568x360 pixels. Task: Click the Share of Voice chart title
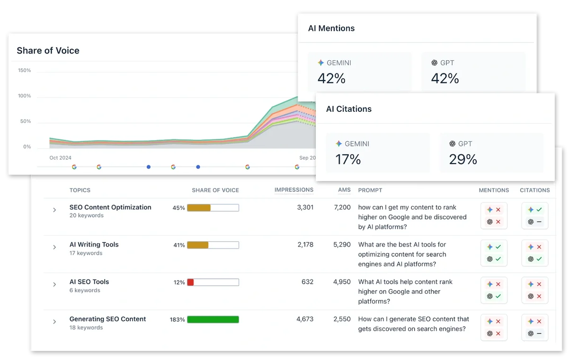point(48,51)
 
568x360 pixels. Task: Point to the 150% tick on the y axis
point(24,71)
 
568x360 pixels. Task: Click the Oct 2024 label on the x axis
point(60,158)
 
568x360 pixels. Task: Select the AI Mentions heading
point(331,28)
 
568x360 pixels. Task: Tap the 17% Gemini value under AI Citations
point(348,160)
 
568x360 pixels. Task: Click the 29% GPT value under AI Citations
point(463,160)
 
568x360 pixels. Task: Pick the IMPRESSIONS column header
point(294,190)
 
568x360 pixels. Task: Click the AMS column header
point(344,190)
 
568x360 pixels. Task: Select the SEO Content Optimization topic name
point(110,207)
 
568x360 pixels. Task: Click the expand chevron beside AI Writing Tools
point(54,247)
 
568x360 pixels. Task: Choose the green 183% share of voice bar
point(213,320)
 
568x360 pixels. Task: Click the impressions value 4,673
point(305,319)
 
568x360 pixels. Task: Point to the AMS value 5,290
point(342,245)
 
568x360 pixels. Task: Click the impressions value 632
point(307,282)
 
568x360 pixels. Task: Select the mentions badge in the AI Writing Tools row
point(494,253)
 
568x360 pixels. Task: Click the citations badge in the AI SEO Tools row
point(534,290)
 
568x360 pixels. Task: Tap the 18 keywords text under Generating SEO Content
point(86,328)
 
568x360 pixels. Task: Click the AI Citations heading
point(349,109)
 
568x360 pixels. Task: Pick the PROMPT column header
point(370,190)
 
